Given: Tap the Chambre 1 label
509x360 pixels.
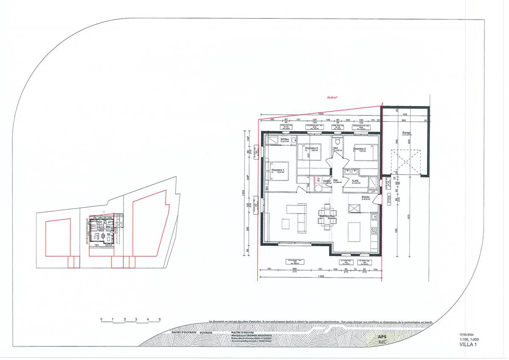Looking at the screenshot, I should click(x=278, y=170).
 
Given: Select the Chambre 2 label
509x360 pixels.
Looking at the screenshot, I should click(x=311, y=148).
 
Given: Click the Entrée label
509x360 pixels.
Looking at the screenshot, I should click(x=366, y=197).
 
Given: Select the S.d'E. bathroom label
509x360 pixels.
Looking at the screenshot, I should click(x=355, y=181).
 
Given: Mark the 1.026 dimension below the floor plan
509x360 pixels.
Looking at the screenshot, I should click(x=321, y=277).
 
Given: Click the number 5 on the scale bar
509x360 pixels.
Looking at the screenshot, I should click(x=159, y=319).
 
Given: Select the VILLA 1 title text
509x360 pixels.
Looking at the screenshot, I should click(x=468, y=344).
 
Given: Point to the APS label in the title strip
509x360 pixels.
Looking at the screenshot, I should click(x=382, y=337).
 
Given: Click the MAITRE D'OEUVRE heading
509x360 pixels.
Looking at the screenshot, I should click(x=243, y=332).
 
